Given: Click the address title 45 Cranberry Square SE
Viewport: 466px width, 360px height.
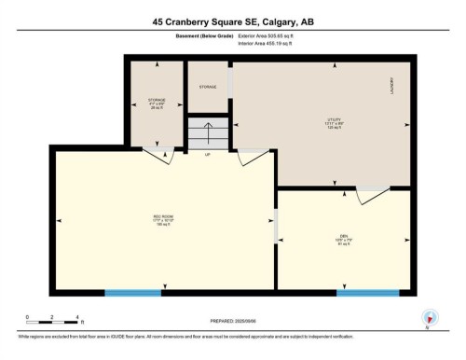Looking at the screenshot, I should [232, 20].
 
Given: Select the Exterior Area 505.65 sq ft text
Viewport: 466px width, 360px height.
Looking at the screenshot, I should [267, 36].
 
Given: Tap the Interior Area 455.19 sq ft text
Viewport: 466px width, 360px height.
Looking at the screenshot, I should [267, 43].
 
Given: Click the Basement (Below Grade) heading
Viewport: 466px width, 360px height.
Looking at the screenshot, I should [203, 36].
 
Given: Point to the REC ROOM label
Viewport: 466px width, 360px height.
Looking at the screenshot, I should [163, 221].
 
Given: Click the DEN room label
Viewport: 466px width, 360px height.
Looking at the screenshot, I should [344, 237].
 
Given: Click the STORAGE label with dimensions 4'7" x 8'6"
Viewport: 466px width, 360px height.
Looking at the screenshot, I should [156, 101].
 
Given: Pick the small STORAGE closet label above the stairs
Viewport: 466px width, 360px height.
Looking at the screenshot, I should [207, 87].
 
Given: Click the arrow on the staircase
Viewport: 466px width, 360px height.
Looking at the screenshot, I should [207, 128].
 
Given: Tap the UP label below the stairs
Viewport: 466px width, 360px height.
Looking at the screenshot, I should [207, 154].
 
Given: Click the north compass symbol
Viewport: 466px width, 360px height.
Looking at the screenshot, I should [428, 317].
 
